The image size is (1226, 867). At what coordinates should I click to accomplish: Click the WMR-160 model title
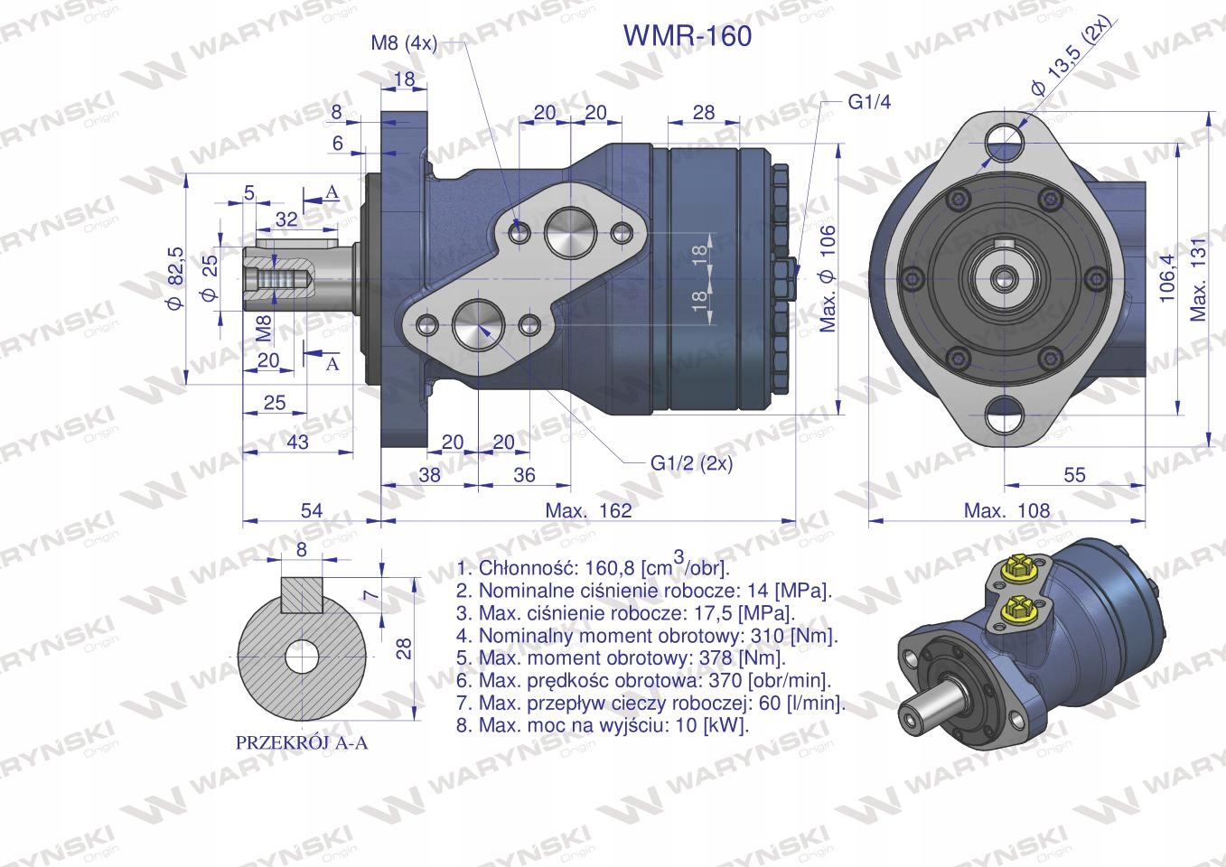point(687,35)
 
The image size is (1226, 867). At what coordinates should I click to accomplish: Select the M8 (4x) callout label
point(404,42)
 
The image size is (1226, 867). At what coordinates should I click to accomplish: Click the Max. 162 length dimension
point(588,510)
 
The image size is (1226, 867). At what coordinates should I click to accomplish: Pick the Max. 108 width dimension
point(1006,510)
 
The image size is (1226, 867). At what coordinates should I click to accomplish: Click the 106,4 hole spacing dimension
point(1165,277)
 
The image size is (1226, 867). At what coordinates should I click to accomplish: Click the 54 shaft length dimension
point(311,510)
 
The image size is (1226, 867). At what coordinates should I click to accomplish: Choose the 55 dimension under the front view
point(1074,474)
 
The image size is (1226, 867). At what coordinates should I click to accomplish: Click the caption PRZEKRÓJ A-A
point(302,743)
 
